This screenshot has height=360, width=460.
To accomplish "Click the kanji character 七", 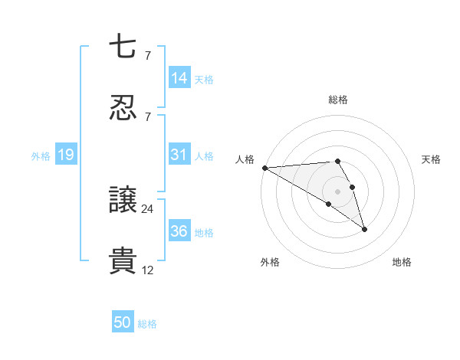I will tap(123, 47).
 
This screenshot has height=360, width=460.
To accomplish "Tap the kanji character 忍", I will tap(123, 108).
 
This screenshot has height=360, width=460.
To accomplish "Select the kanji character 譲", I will tap(123, 200).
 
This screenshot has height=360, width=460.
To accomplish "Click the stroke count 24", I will tap(148, 208).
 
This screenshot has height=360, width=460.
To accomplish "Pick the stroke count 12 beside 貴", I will tap(148, 270).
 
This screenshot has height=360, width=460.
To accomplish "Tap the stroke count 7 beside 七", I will tap(147, 55).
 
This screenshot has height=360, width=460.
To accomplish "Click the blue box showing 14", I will tap(179, 77).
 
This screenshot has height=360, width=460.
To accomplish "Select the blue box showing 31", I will tap(179, 155).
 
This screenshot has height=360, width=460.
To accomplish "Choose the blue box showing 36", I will tap(179, 231).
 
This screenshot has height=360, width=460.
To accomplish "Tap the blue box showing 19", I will tap(66, 155).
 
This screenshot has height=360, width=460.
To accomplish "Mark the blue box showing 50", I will tap(123, 322).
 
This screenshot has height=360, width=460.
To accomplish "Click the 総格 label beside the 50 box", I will tap(148, 324).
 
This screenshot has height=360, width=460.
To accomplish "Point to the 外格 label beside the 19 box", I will tap(41, 155).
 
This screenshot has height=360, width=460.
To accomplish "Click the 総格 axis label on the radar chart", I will tap(338, 100).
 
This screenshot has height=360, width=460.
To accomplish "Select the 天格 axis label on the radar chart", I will tap(431, 159).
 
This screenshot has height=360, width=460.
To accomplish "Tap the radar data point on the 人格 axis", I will tap(264, 168).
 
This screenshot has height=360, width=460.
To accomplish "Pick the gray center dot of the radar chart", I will tap(338, 191).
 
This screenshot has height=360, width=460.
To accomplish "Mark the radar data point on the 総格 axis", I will tap(338, 162).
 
